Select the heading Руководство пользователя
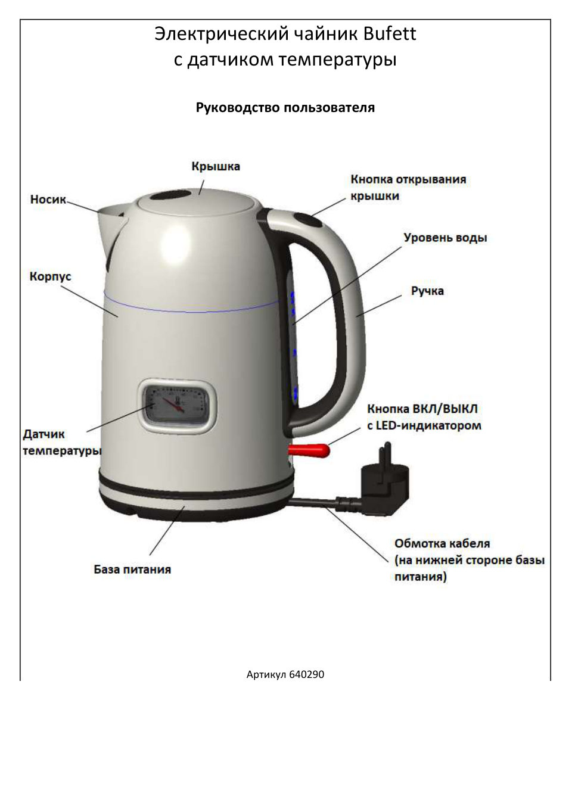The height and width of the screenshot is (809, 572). (x=285, y=108)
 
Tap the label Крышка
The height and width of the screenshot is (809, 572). (x=216, y=166)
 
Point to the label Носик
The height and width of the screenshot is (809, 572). (x=48, y=199)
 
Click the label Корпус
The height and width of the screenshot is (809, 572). (x=50, y=276)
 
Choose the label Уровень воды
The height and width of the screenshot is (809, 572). (x=445, y=238)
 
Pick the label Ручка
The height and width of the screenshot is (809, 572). (x=427, y=291)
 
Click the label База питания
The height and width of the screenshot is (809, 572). (x=132, y=570)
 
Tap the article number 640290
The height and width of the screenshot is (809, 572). (x=306, y=674)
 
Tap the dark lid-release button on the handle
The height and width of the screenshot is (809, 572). (x=307, y=220)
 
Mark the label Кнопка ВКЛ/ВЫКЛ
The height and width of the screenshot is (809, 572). (x=422, y=409)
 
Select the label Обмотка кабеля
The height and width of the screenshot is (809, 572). (x=442, y=543)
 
